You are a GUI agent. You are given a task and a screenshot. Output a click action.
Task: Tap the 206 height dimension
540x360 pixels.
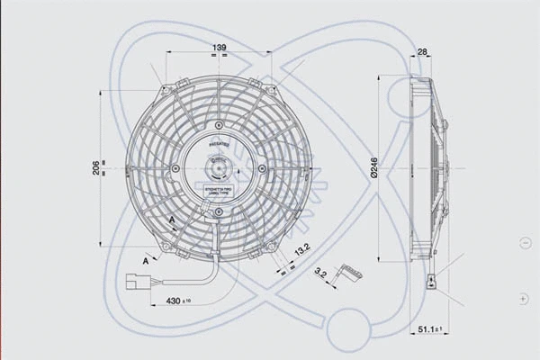96,167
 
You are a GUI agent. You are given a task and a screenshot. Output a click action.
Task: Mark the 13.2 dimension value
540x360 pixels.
301,247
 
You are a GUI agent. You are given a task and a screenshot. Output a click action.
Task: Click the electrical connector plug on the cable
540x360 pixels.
138,279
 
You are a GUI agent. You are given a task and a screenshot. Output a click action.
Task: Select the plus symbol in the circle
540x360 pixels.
524,297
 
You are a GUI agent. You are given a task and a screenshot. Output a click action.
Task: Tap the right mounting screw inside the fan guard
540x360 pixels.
262,168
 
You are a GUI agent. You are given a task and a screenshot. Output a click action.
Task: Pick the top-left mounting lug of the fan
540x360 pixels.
165,90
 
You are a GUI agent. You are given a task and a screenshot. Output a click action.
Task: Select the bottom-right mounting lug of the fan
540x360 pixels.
271,245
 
